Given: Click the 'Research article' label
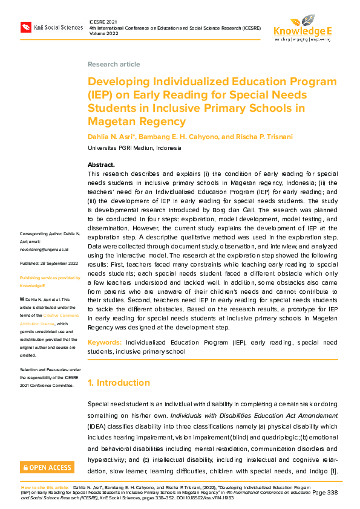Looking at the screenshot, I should [114, 64].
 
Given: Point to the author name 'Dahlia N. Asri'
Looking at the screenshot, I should [111, 137].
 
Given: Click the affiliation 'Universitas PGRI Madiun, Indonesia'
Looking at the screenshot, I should [134, 148].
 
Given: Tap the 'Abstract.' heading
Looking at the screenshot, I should [101, 164].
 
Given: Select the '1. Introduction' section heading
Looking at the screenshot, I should [119, 383].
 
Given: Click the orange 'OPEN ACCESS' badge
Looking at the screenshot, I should [47, 467].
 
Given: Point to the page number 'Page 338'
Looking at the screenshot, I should [325, 493].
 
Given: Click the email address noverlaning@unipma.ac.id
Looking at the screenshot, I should [44, 249].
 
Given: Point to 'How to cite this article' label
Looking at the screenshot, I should [45, 487].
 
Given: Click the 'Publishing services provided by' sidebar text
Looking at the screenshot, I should [50, 278].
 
